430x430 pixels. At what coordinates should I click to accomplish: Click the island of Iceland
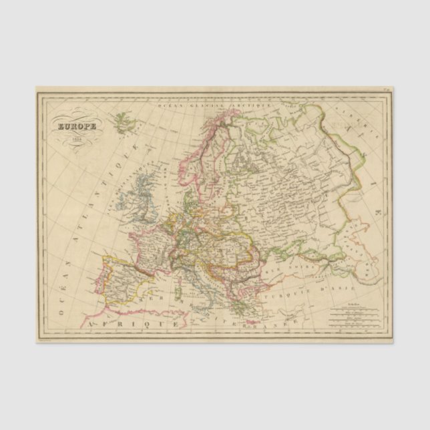click(122, 122)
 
